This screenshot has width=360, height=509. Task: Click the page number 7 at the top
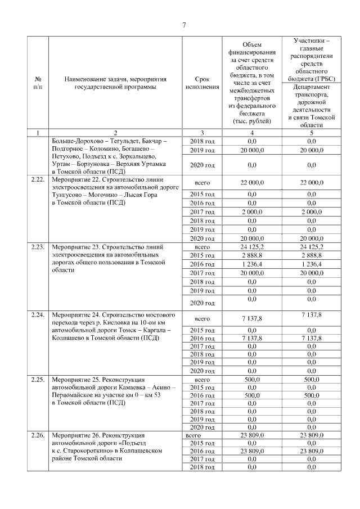click(183, 24)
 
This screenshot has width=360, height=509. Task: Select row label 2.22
click(37, 179)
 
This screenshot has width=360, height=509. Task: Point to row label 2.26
click(37, 436)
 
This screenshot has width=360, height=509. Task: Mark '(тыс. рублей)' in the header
click(251, 121)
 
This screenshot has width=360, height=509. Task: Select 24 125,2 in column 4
click(251, 246)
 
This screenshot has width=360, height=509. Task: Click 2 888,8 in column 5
click(311, 255)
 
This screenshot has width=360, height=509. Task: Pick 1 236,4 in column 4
click(251, 264)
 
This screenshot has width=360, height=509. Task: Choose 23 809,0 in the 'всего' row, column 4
click(251, 435)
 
